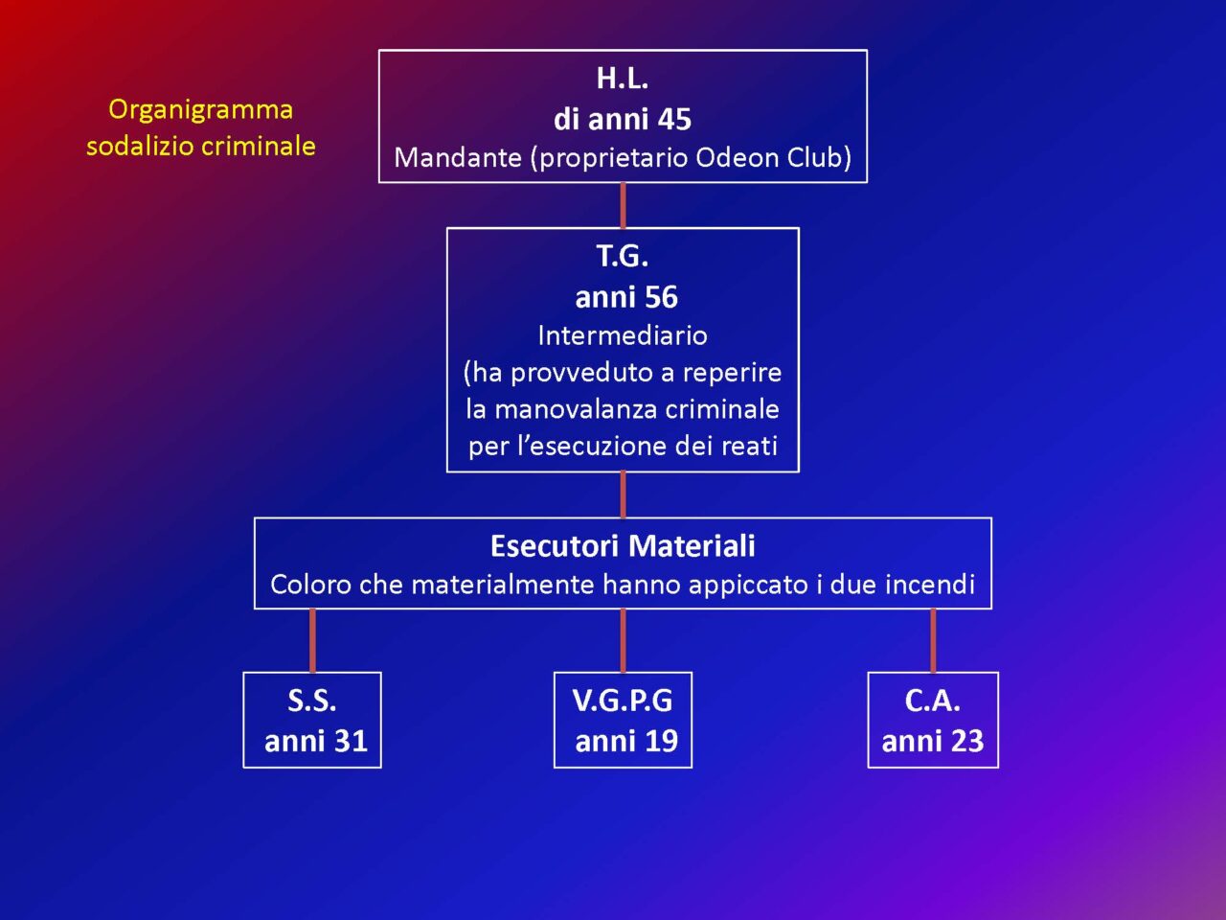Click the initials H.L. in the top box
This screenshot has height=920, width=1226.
click(x=623, y=79)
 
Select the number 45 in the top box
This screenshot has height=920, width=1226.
click(x=674, y=120)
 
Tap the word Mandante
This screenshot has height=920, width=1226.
click(x=458, y=158)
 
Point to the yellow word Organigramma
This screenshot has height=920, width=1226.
click(x=200, y=110)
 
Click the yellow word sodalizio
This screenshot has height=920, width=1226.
click(x=140, y=147)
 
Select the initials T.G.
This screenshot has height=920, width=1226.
click(x=623, y=257)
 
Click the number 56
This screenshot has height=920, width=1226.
click(x=661, y=297)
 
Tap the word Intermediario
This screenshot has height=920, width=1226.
click(x=623, y=335)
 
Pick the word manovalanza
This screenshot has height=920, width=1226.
click(x=576, y=409)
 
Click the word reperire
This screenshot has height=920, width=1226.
click(x=733, y=373)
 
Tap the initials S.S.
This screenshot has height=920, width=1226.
click(x=311, y=701)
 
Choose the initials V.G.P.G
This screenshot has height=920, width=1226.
click(x=623, y=701)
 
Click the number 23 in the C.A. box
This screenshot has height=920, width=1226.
click(x=966, y=741)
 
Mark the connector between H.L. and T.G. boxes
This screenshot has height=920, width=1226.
click(x=623, y=205)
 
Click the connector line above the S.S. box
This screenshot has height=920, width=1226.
click(x=312, y=640)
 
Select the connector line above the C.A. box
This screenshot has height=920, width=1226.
click(x=933, y=640)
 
